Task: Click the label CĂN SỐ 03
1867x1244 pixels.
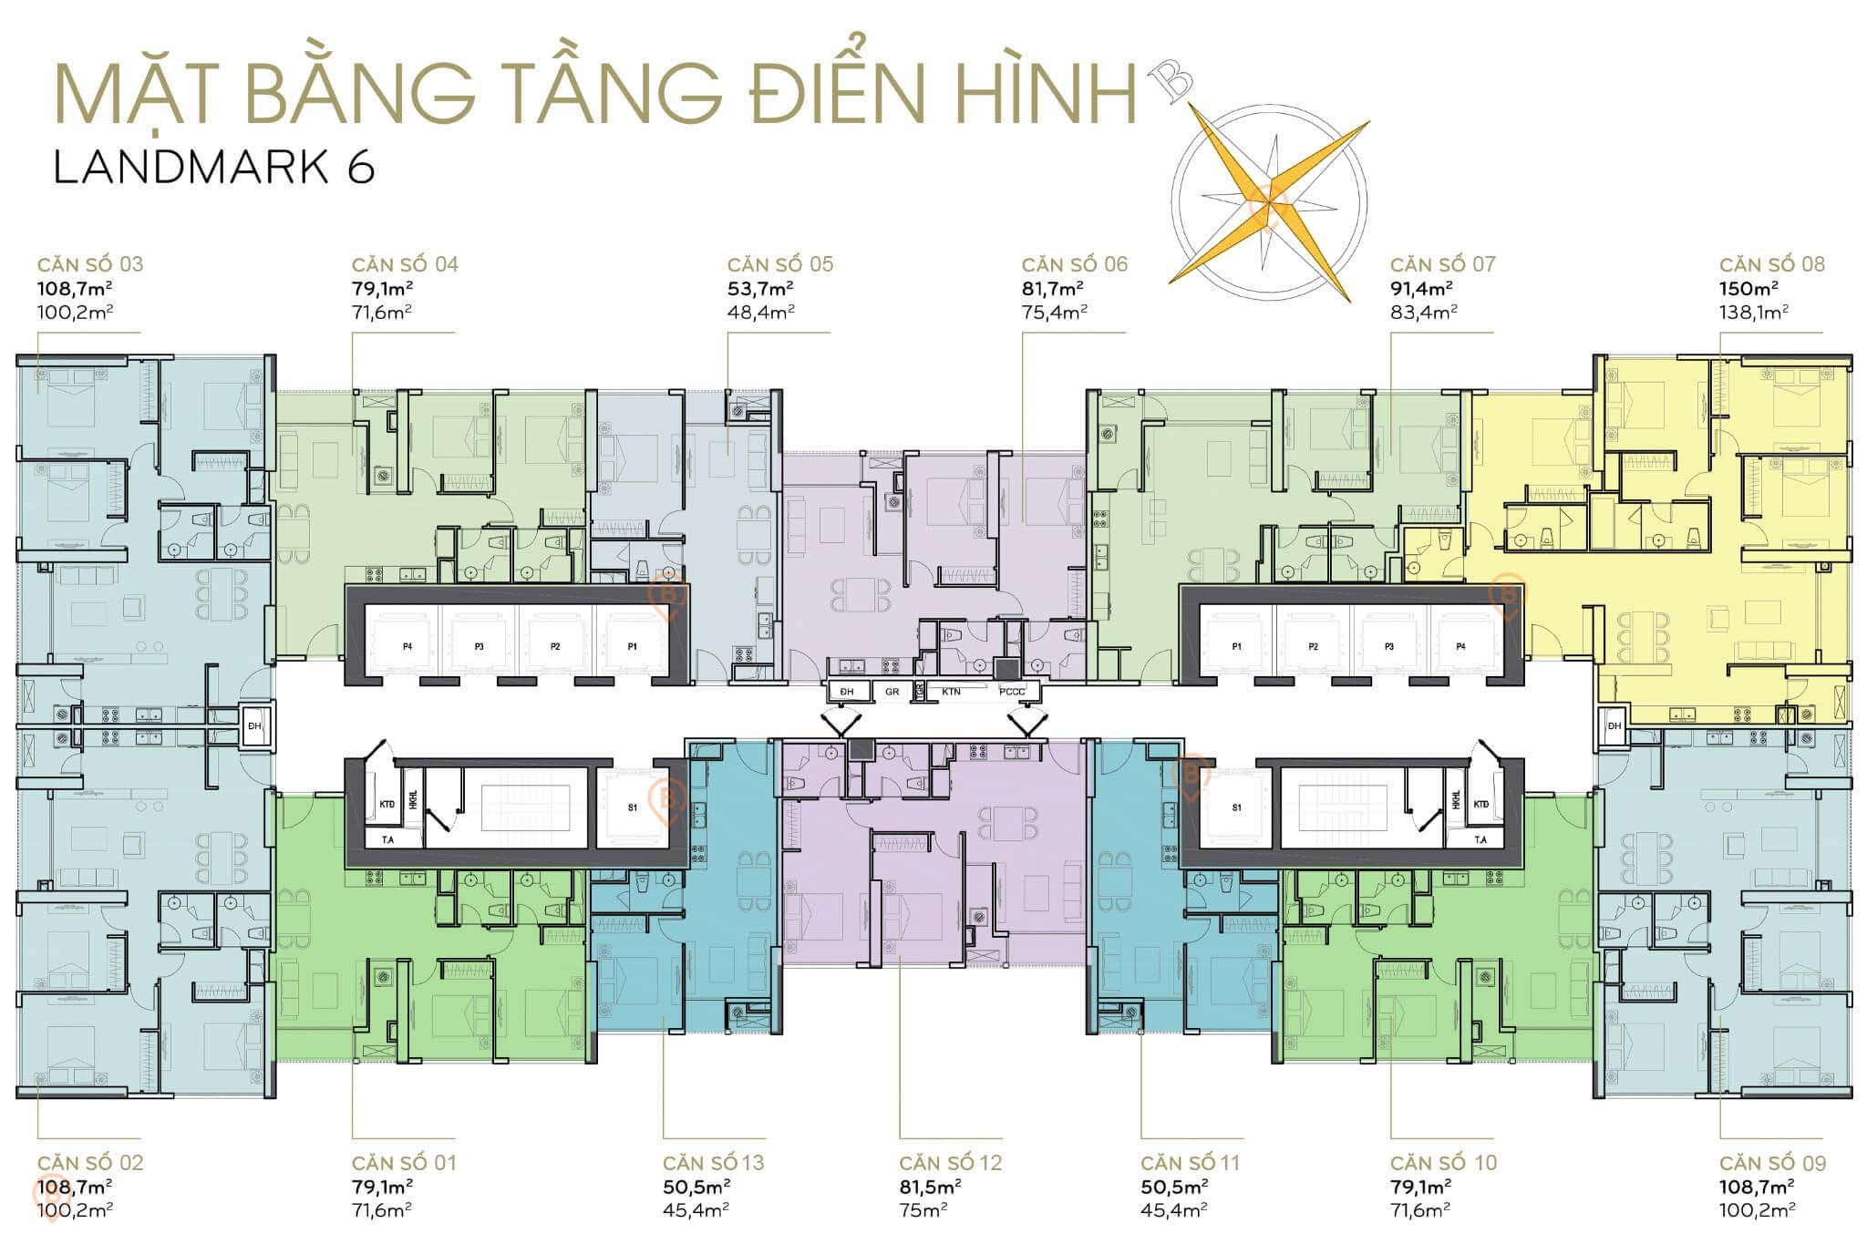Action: [x=90, y=264]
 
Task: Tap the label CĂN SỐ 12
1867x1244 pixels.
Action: [x=950, y=1163]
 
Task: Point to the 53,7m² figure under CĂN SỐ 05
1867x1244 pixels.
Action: [x=759, y=289]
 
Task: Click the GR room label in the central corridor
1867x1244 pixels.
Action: [x=892, y=692]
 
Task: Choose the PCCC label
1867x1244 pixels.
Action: [x=1012, y=692]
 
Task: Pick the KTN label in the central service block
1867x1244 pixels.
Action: [x=951, y=692]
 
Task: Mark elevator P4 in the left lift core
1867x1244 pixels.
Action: [x=407, y=646]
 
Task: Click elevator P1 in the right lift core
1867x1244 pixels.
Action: [x=1236, y=646]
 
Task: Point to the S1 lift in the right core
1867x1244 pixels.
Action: [x=1237, y=807]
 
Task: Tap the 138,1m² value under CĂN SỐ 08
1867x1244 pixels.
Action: [x=1754, y=312]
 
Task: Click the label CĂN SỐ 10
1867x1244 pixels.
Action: [x=1443, y=1163]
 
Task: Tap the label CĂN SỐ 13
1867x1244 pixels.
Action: [x=713, y=1163]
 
